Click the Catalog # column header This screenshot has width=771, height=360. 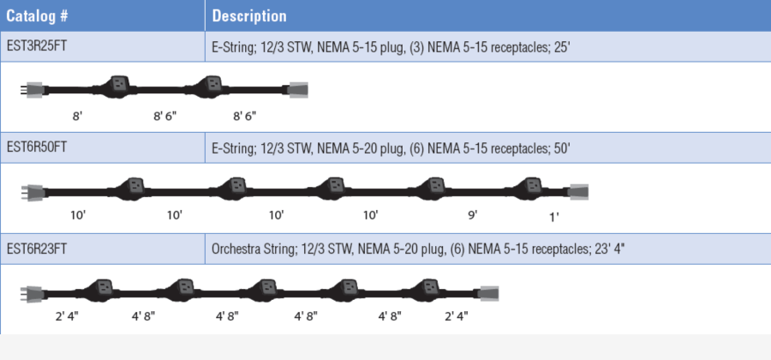point(37,15)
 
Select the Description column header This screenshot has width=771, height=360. point(249,15)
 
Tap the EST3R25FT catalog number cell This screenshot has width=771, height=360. point(36,46)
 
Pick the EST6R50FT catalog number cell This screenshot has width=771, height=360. point(36,147)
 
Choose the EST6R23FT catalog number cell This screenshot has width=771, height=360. point(36,249)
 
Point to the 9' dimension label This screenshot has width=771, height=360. point(473,215)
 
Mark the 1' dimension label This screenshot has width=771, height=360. point(554,217)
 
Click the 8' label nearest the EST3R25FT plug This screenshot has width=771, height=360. point(77,117)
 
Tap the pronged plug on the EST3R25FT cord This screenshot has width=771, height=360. point(32,90)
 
